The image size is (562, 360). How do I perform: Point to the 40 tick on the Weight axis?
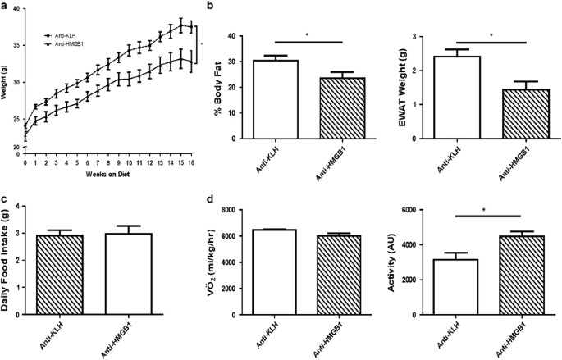pos(17,8)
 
